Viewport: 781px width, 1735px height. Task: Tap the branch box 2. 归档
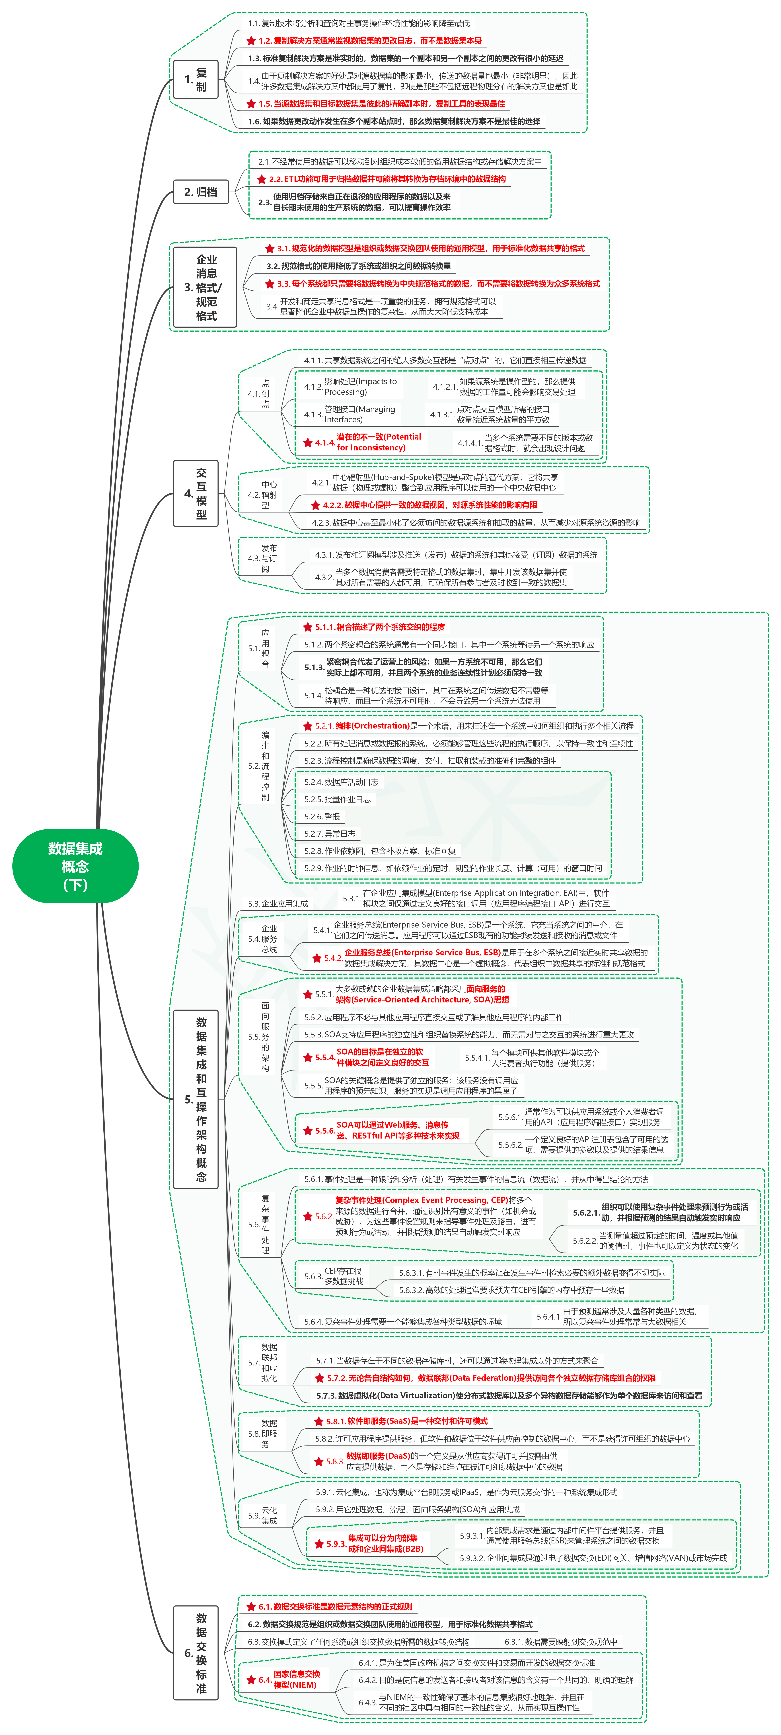click(x=201, y=192)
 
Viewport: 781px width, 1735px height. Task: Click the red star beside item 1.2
click(x=251, y=41)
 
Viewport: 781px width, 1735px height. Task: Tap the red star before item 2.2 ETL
click(x=262, y=179)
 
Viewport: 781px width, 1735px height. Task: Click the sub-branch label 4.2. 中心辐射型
click(x=263, y=495)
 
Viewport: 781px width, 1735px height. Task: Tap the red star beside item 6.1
click(x=251, y=1606)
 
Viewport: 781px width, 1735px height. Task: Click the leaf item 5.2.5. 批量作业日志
click(x=337, y=799)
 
